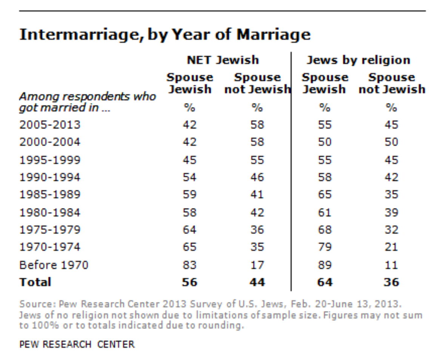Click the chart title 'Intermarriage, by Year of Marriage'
[x=165, y=35]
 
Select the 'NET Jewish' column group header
[x=223, y=60]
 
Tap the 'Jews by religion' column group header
[x=358, y=60]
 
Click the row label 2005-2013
[x=50, y=125]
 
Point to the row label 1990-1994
[x=50, y=177]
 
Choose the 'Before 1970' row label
[x=54, y=265]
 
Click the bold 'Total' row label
[x=35, y=282]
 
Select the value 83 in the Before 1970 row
[x=189, y=265]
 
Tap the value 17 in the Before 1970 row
[x=257, y=265]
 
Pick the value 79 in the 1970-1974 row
[x=325, y=247]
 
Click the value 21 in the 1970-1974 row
[x=391, y=247]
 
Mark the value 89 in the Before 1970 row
[x=325, y=265]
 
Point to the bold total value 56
[x=189, y=282]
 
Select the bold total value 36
[x=391, y=282]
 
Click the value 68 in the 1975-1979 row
[x=325, y=229]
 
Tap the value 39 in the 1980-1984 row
[x=391, y=212]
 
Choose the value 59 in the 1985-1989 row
[x=189, y=195]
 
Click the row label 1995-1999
[x=50, y=160]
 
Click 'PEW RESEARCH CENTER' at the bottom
[x=77, y=344]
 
